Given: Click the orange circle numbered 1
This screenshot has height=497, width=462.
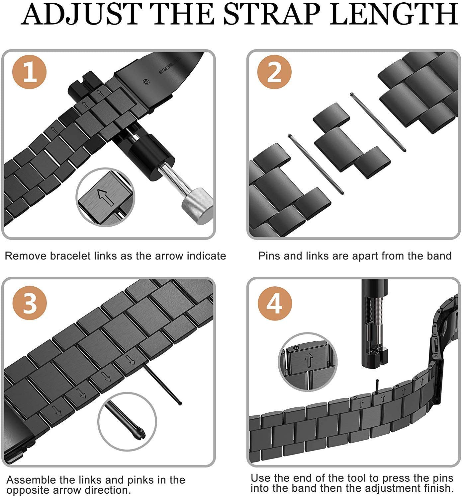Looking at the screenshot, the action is click(x=29, y=72).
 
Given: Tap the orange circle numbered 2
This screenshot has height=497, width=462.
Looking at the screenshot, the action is click(x=274, y=72).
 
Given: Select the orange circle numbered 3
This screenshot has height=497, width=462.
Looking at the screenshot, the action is click(x=30, y=303).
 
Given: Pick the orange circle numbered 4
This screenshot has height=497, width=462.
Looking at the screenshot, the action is click(x=275, y=303).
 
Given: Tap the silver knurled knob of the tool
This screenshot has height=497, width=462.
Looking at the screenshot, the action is click(x=197, y=206).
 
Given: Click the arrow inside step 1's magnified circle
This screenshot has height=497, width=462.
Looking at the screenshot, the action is click(x=106, y=197).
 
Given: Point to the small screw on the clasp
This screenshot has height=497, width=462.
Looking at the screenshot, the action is click(x=146, y=82).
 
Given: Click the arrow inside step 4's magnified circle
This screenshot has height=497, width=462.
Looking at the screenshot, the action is click(x=309, y=360).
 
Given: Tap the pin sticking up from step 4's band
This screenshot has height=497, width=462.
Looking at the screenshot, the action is click(x=377, y=386).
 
